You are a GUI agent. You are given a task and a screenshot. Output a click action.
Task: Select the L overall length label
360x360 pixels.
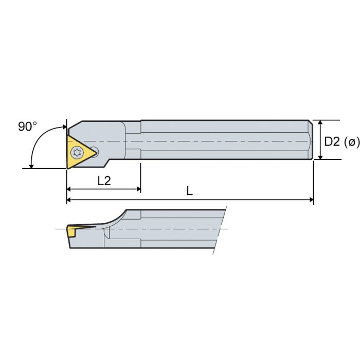click(x=189, y=191)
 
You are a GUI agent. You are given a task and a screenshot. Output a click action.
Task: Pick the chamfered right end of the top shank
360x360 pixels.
click(x=311, y=140)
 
